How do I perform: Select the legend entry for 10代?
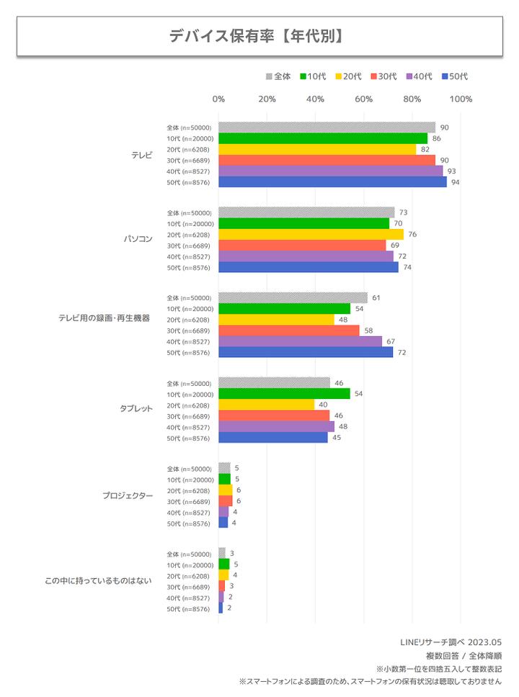tap(314, 76)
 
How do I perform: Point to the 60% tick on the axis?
tap(363, 99)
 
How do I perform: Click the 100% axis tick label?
tap(460, 99)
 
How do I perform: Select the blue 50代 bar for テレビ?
tap(332, 182)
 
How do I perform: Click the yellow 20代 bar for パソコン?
tap(311, 235)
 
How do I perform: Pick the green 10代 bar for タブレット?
tap(284, 394)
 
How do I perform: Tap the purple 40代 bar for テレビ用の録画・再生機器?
tap(300, 341)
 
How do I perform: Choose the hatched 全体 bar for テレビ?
tap(327, 127)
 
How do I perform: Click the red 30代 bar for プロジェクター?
tap(226, 501)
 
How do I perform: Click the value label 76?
tap(412, 235)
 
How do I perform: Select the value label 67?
tap(391, 341)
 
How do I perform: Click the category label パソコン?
tap(138, 240)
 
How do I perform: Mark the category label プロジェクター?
tap(128, 496)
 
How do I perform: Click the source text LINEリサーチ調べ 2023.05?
tap(451, 642)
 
